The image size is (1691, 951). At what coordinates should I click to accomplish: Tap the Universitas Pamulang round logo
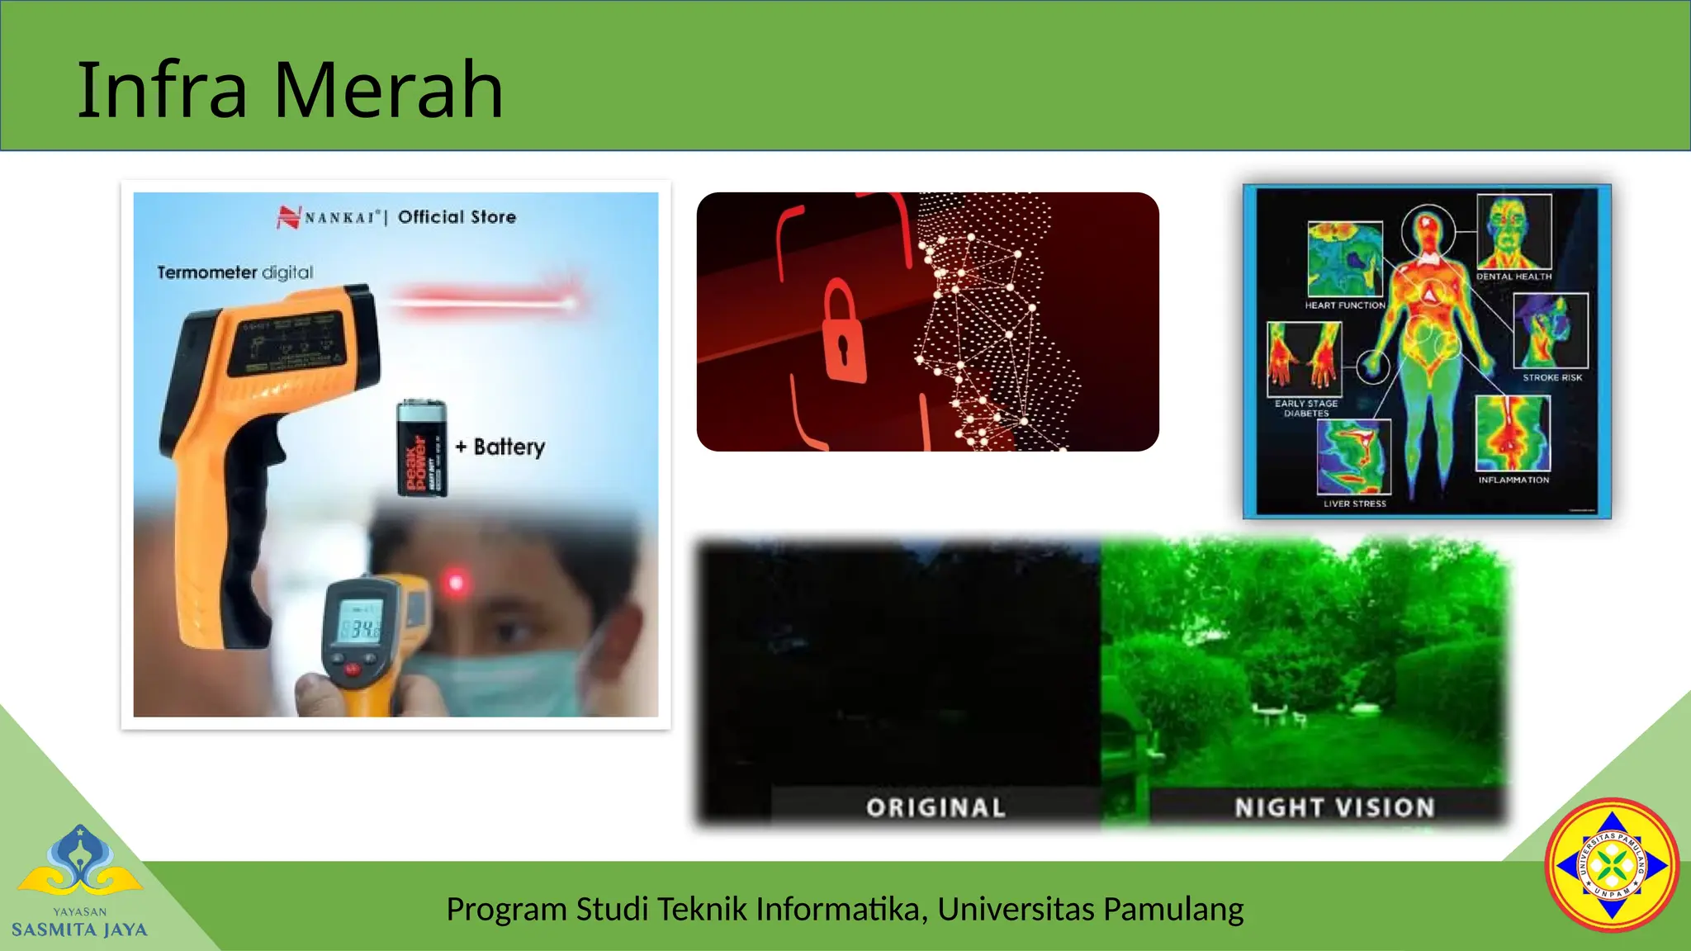pos(1612,865)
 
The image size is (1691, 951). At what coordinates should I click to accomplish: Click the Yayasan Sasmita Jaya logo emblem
pos(80,863)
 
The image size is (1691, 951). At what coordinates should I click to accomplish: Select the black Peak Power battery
pos(422,448)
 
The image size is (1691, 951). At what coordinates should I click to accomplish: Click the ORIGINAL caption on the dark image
pos(935,807)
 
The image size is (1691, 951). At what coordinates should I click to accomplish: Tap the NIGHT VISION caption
pos(1334,807)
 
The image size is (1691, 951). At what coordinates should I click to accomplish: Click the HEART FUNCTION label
pos(1344,305)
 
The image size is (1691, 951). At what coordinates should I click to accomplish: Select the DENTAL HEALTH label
pos(1513,277)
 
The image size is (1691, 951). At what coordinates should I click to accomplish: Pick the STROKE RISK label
pos(1552,377)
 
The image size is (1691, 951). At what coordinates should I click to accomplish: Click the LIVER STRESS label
pos(1354,504)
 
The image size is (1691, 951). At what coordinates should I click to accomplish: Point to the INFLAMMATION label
pos(1513,480)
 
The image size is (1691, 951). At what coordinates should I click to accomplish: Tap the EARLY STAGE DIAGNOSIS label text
pos(1305,408)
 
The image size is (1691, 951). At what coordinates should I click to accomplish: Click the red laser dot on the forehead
pos(455,584)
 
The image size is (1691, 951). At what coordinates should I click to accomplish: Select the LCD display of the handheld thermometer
pos(360,630)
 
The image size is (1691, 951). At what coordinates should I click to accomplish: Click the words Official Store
pos(457,217)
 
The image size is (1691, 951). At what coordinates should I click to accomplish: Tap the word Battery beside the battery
pos(509,447)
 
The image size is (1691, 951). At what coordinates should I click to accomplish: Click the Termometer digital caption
pos(235,272)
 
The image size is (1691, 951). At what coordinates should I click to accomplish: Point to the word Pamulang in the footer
pos(1172,909)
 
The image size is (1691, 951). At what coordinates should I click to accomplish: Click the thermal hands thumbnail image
pos(1305,357)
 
